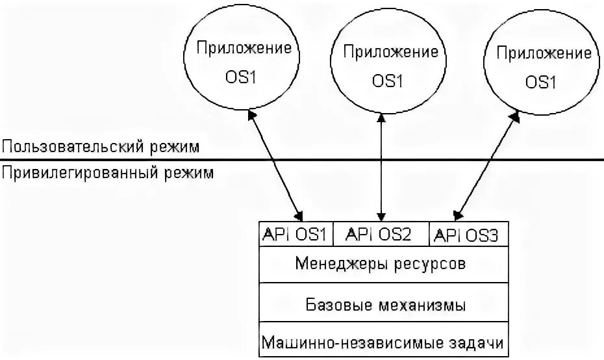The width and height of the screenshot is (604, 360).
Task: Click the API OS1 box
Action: click(x=296, y=235)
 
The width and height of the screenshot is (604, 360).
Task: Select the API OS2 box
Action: click(x=381, y=235)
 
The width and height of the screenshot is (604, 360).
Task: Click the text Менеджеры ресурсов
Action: click(x=381, y=265)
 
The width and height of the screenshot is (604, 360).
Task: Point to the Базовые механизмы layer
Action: click(x=385, y=304)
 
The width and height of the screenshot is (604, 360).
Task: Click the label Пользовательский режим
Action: click(x=100, y=147)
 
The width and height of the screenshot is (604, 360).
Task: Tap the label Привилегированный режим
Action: click(x=108, y=174)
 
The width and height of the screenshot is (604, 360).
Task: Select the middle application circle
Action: click(x=388, y=65)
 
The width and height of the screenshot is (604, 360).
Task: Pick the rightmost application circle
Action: click(x=541, y=66)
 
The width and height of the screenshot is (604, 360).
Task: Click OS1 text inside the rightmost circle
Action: click(x=541, y=83)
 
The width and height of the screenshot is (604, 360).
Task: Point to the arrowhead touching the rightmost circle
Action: click(x=516, y=118)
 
